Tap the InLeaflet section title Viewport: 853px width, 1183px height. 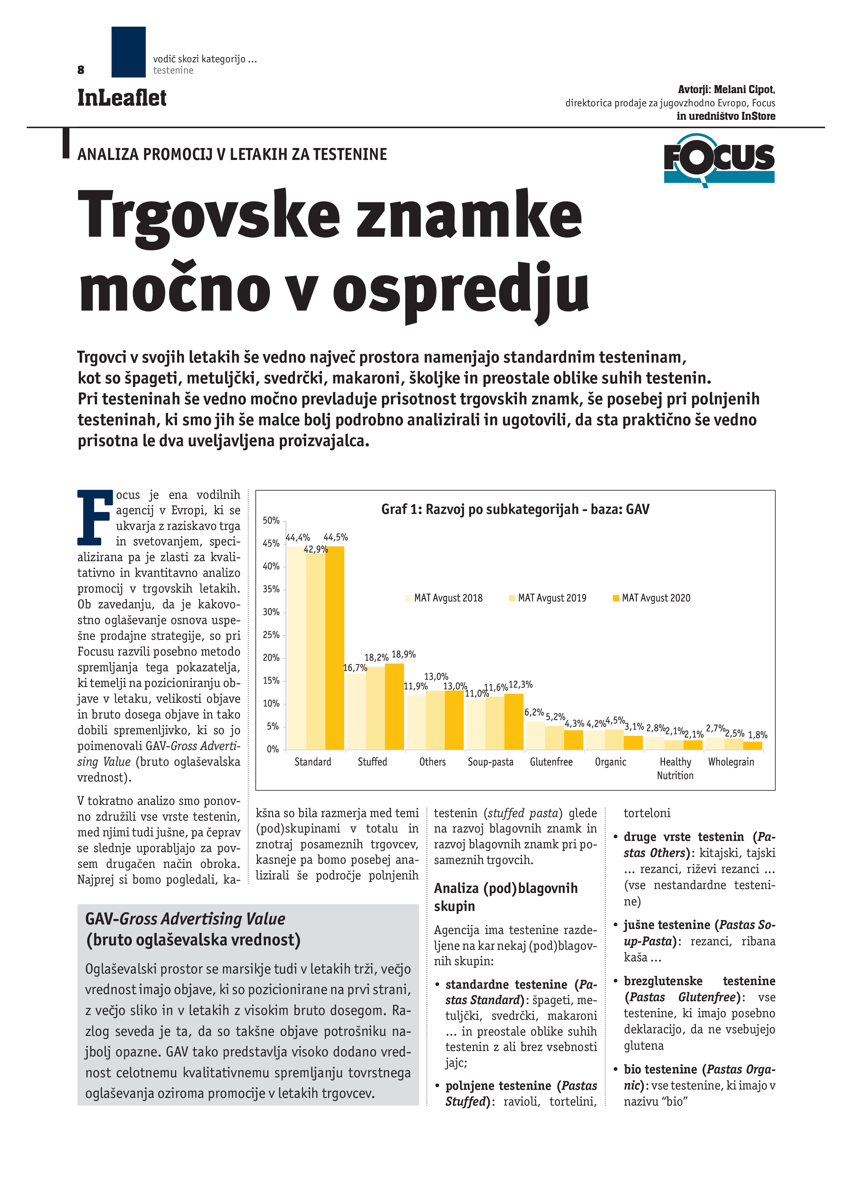(x=121, y=98)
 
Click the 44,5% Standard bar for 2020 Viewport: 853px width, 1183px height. (x=334, y=647)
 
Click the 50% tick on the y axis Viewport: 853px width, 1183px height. (x=271, y=521)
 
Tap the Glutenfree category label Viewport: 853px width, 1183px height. (x=551, y=762)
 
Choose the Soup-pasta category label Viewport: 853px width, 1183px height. (x=490, y=762)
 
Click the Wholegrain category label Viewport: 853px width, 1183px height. (x=731, y=762)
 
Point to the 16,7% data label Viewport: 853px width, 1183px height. (x=355, y=668)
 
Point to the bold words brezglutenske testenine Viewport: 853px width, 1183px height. (x=699, y=981)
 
